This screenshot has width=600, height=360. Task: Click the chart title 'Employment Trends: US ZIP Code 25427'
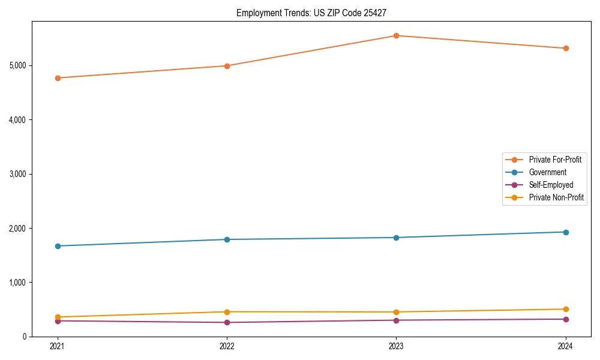pos(316,13)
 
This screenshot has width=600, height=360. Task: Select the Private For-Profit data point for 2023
pos(396,35)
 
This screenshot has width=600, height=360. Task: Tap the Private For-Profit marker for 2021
pos(58,78)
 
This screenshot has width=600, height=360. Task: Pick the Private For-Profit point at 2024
pos(565,48)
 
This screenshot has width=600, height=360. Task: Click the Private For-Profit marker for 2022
pos(227,66)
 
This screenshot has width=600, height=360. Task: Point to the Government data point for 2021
pos(58,246)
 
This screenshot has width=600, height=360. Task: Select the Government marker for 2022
pos(227,239)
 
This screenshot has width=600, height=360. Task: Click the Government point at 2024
pos(565,232)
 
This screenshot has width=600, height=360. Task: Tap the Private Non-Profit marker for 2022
pos(227,312)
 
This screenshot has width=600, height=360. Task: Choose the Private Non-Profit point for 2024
pos(565,310)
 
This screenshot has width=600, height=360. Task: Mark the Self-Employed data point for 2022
pos(227,323)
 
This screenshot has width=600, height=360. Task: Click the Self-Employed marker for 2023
pos(396,320)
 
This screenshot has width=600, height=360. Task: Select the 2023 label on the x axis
pos(396,346)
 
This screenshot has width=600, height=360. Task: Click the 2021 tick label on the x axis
pos(58,346)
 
